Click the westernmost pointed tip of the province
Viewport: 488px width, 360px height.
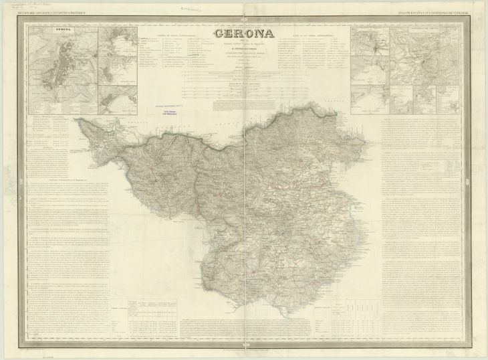pos(76,120)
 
